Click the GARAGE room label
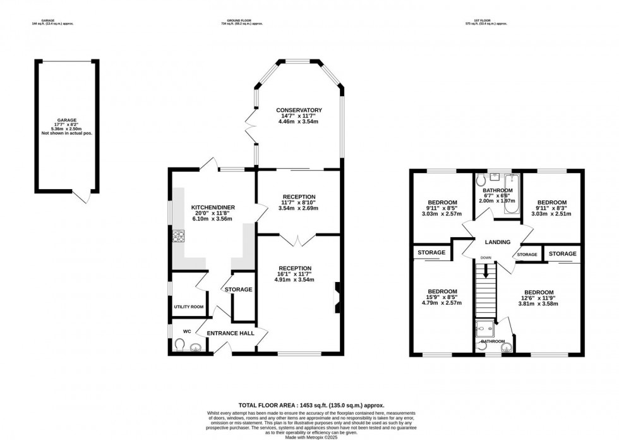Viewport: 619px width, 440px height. click(x=66, y=119)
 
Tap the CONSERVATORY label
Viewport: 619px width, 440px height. click(x=299, y=111)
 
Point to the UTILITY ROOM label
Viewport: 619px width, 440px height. click(x=189, y=307)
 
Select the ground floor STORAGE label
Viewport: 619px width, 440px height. click(x=238, y=290)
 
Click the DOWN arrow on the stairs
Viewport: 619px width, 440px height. click(x=485, y=269)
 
